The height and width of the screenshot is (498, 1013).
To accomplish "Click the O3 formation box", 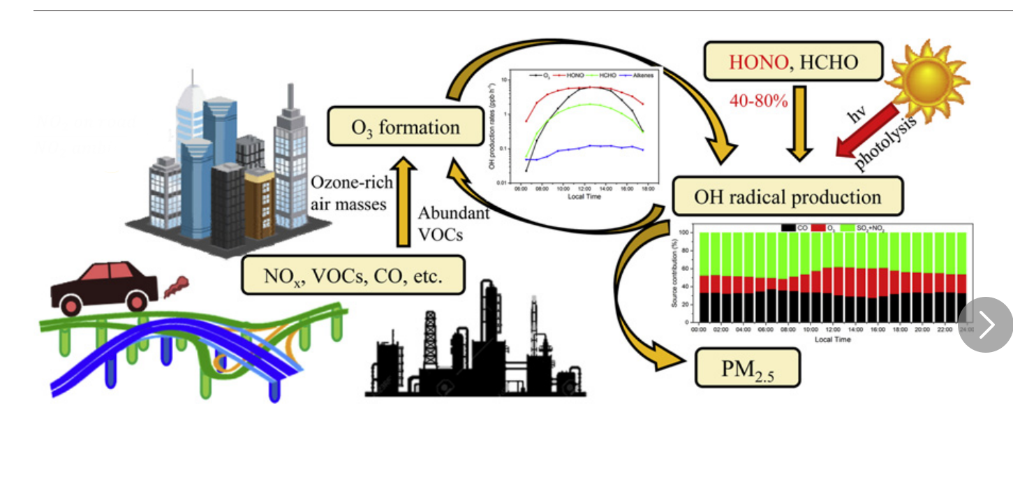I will point(406,126).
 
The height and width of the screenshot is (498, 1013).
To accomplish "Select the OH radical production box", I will point(787,196).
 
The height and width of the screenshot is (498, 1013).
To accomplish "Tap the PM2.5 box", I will point(747,367).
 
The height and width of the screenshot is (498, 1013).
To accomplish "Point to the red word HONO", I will point(758,62).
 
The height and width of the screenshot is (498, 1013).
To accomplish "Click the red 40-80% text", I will point(758,101).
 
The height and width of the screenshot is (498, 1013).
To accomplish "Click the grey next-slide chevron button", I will point(985,325).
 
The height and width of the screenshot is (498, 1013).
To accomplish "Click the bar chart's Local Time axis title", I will point(832,339).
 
